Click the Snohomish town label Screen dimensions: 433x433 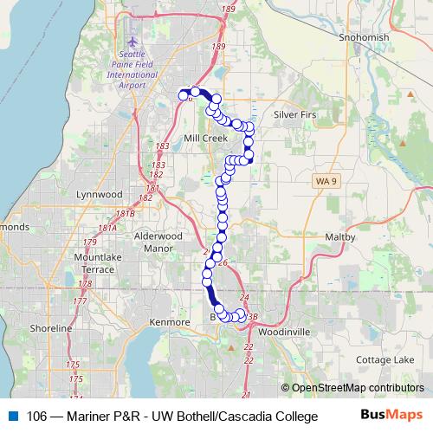(366, 39)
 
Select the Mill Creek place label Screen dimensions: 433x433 (204, 138)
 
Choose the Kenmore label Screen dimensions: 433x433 (170, 322)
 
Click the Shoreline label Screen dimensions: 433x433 (51, 329)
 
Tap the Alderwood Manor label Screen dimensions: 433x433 (156, 241)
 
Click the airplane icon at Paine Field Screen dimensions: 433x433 (132, 42)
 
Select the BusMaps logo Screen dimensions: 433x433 (393, 414)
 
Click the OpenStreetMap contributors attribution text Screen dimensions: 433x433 (352, 388)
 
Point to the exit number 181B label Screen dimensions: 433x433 (126, 213)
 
